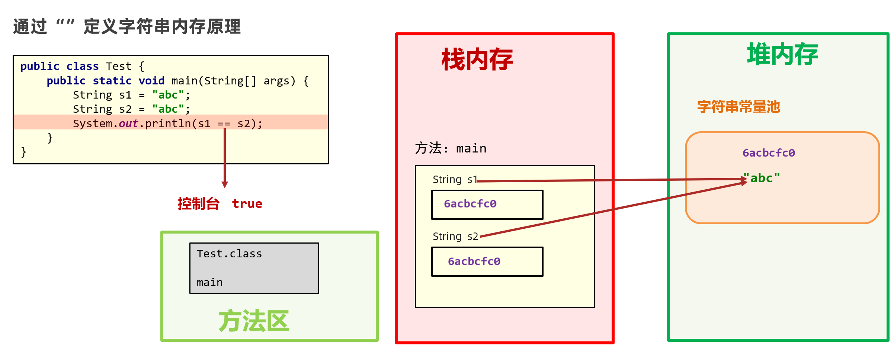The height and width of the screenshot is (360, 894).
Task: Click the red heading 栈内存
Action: [x=477, y=60]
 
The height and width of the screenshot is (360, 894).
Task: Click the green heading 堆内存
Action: [x=782, y=54]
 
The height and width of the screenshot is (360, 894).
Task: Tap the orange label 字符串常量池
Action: [x=738, y=107]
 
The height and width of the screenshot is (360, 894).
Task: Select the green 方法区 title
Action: [x=254, y=321]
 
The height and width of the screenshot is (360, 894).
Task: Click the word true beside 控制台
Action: [x=247, y=204]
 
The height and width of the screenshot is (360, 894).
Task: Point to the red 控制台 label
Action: [x=198, y=204]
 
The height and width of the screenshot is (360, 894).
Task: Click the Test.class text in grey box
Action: [x=229, y=254]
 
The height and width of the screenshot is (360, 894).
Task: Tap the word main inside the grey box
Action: [x=209, y=283]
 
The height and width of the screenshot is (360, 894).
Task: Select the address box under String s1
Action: [x=487, y=205]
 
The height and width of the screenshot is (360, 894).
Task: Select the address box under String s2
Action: [x=487, y=262]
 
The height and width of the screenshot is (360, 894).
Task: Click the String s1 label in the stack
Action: [x=454, y=180]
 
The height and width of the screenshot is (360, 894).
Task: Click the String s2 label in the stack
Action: [x=455, y=237]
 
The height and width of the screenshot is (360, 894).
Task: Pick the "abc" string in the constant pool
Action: [x=762, y=178]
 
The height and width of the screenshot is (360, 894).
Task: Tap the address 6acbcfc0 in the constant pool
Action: [x=769, y=153]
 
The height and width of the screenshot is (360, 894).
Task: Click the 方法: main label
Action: [x=451, y=148]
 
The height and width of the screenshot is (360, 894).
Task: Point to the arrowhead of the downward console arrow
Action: [x=225, y=184]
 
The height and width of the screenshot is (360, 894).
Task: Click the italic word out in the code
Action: [x=128, y=123]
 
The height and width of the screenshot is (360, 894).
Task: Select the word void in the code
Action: [x=151, y=81]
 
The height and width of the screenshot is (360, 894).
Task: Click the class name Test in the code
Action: [x=119, y=66]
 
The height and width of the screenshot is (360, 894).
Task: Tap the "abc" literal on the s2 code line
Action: [x=168, y=109]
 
